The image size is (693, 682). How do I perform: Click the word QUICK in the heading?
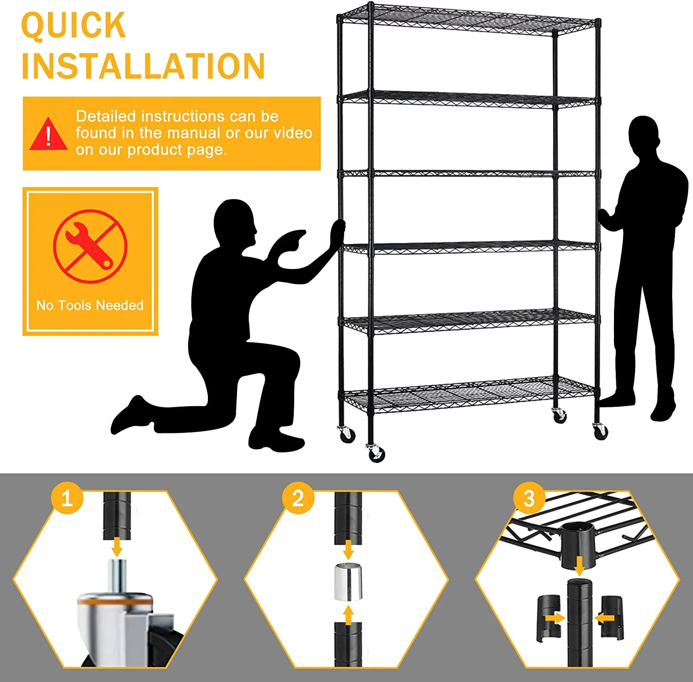73,25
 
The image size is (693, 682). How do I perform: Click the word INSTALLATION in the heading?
143,66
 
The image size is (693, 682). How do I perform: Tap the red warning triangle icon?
48,134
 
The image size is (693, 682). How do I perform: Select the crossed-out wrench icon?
90,246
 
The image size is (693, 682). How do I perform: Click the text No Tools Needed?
90,305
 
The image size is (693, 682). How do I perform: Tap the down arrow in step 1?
117,547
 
